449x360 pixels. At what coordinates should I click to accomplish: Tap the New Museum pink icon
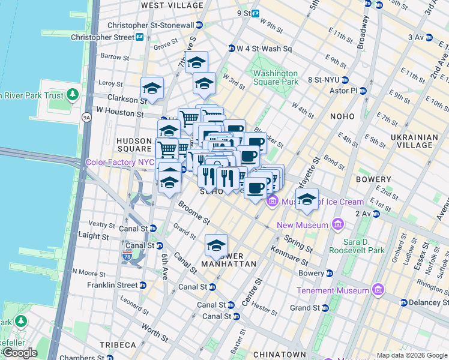337,225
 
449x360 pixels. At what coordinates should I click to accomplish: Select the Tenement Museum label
333,290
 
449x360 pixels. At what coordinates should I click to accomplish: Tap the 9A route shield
86,118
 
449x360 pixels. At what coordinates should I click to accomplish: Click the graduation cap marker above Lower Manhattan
216,245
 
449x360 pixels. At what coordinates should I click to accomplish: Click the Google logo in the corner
20,353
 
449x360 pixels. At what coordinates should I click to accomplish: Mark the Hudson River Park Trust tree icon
73,94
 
